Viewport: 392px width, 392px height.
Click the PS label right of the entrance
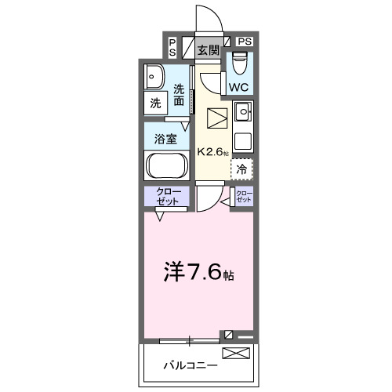click(245, 41)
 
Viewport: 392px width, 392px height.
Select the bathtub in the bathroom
click(165, 166)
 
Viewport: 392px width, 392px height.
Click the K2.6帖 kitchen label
click(212, 152)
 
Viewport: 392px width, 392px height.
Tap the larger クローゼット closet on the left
click(165, 197)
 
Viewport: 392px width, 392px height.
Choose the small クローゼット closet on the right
click(245, 197)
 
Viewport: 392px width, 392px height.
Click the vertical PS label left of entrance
click(172, 47)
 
